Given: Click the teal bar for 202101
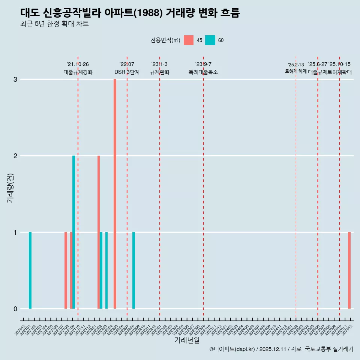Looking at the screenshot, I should click(x=30, y=270).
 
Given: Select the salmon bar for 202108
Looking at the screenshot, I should click(x=66, y=270).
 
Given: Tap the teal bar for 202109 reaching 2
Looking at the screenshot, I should click(x=74, y=232).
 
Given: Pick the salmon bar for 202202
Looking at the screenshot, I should click(x=99, y=232).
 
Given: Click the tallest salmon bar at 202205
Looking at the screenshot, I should click(x=115, y=194).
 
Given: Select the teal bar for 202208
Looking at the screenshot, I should click(x=133, y=270).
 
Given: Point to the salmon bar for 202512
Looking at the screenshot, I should click(x=349, y=270).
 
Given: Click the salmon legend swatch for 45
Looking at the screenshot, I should click(x=189, y=40).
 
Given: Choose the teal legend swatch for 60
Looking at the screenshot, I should click(x=210, y=40).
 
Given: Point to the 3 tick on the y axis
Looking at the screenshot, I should click(x=15, y=79).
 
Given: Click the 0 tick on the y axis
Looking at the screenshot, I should click(x=15, y=309).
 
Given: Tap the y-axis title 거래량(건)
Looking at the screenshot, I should click(x=10, y=187).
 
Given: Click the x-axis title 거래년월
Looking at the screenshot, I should click(x=187, y=340).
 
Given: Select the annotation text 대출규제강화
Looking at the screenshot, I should click(x=78, y=72).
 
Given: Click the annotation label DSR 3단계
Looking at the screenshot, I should click(x=127, y=72).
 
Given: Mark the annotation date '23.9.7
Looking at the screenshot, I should click(x=203, y=64).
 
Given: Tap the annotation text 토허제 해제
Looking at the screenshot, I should click(x=296, y=71).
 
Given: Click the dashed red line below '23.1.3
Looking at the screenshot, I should click(x=160, y=187).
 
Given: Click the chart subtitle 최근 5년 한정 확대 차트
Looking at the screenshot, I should click(x=54, y=24).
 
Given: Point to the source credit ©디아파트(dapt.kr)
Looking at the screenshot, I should click(x=232, y=349).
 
